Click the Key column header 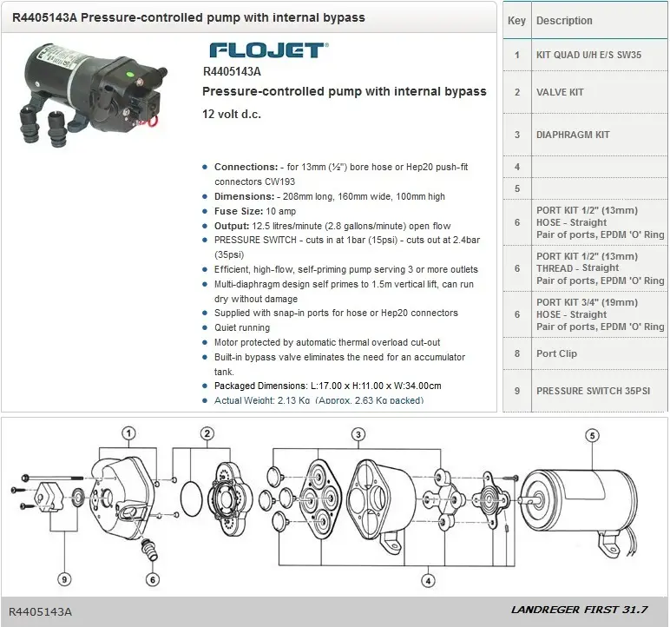click(x=516, y=20)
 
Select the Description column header click(x=564, y=20)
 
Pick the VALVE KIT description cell click(x=560, y=92)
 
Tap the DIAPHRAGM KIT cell click(x=573, y=135)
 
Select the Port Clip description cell click(x=556, y=353)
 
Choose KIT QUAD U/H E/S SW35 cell click(x=588, y=55)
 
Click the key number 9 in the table click(x=516, y=391)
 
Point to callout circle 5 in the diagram click(x=592, y=436)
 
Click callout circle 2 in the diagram click(x=207, y=433)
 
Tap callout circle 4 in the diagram click(x=428, y=580)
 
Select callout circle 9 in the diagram click(x=64, y=579)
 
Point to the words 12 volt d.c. click(x=231, y=114)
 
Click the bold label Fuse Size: click(x=240, y=211)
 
